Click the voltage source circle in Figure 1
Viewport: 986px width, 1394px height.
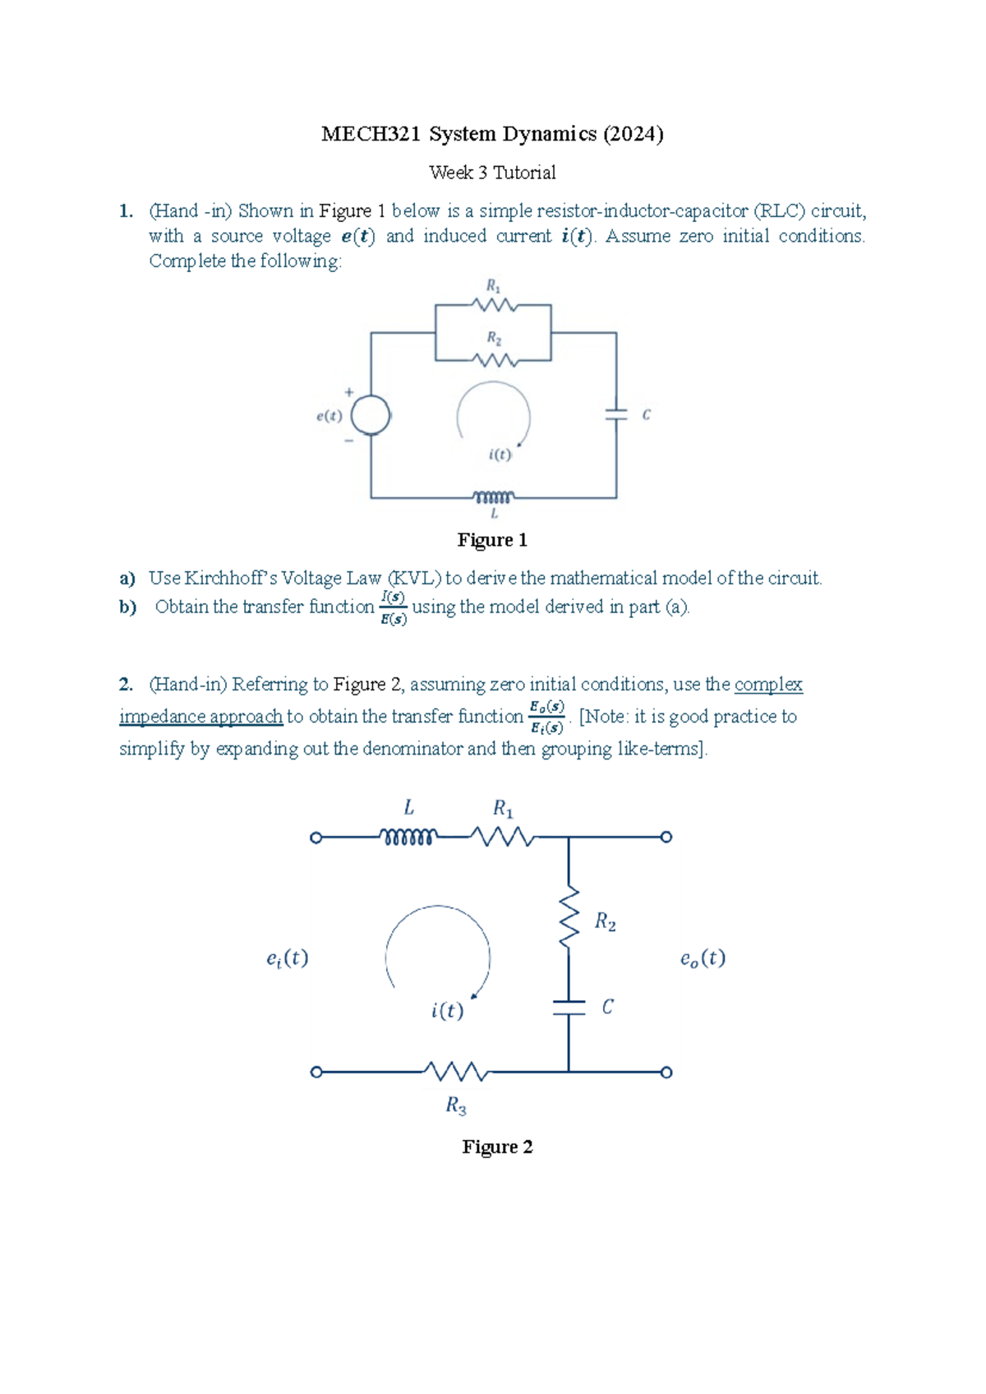371,415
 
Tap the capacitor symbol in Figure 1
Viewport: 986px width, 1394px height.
616,414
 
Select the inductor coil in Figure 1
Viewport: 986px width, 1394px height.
493,497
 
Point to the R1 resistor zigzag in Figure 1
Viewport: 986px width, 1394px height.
494,305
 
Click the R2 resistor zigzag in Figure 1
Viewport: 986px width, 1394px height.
494,360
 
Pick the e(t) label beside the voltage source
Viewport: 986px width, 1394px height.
329,416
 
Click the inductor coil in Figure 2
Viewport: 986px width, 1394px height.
408,838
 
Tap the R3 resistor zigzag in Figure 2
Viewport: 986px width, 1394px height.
457,1072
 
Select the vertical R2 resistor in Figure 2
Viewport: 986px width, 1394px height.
569,918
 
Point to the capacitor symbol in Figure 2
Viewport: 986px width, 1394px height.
569,1008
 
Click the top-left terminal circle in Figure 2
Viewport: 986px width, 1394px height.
316,838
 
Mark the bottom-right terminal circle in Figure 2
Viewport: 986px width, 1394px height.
666,1072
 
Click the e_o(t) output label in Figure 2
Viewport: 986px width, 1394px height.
703,958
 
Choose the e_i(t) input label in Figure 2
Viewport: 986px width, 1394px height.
288,958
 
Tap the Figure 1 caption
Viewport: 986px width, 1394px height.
492,540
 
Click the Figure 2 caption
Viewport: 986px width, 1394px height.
497,1147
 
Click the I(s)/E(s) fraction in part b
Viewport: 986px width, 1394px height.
394,607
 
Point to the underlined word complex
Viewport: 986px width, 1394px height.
768,684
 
